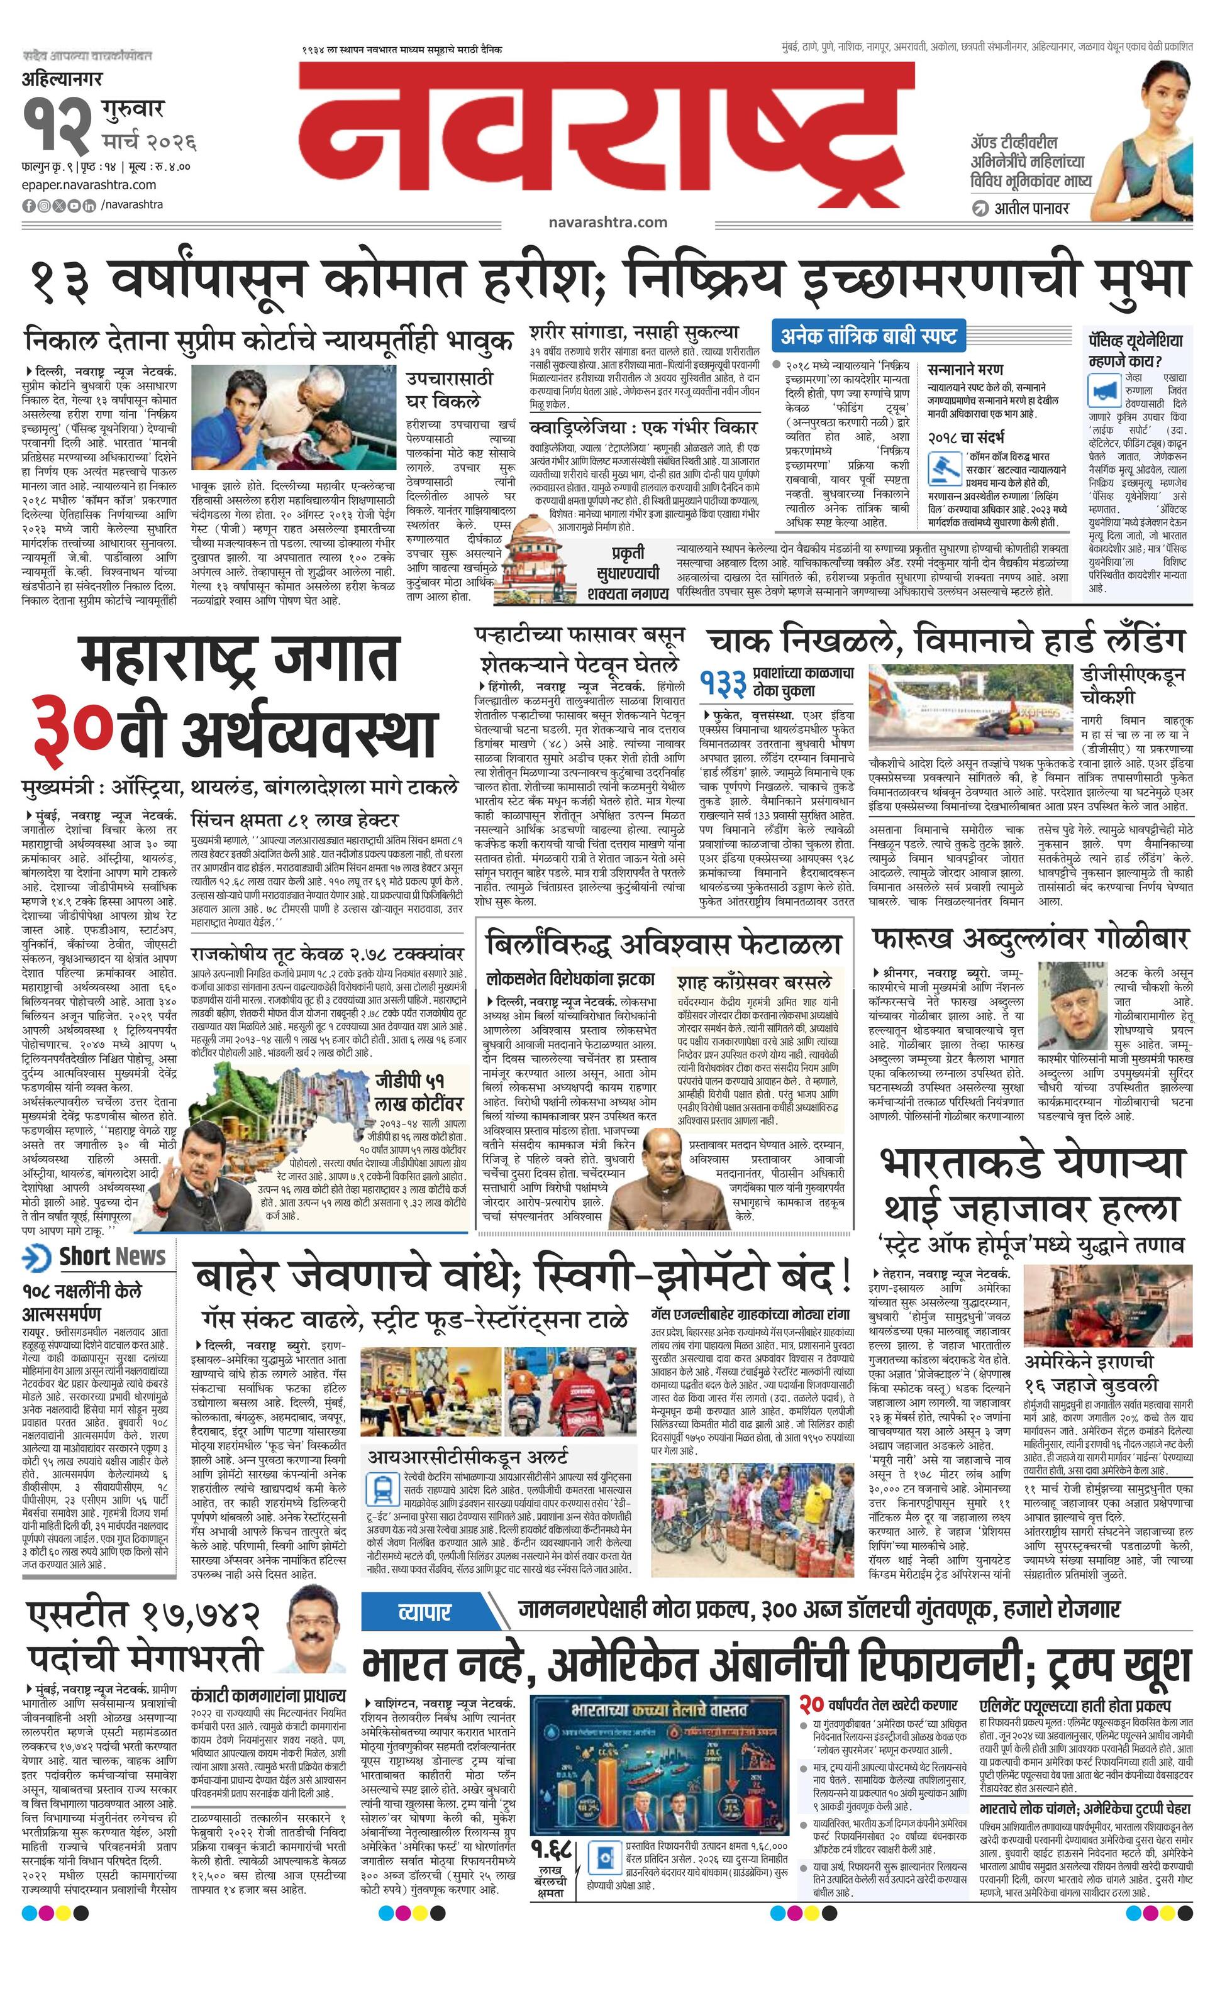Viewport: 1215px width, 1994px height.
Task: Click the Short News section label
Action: [x=112, y=1257]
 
